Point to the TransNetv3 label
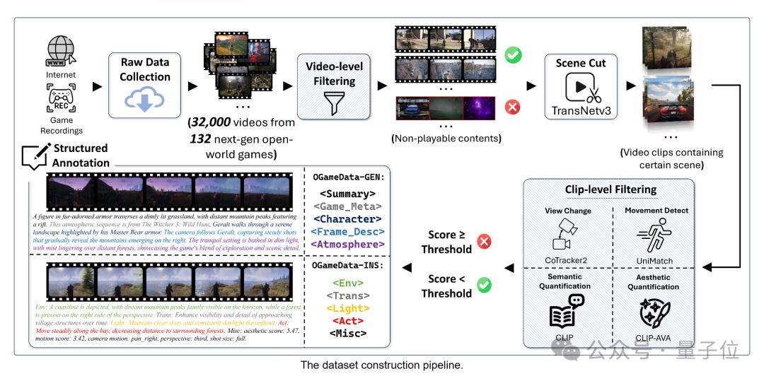(x=580, y=110)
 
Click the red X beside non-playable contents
(x=511, y=107)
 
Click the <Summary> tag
(x=347, y=193)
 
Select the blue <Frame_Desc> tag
(x=347, y=231)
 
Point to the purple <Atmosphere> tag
(x=347, y=245)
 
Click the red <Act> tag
(x=347, y=320)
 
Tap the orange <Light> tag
(x=347, y=307)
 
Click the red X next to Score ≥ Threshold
(x=485, y=242)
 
